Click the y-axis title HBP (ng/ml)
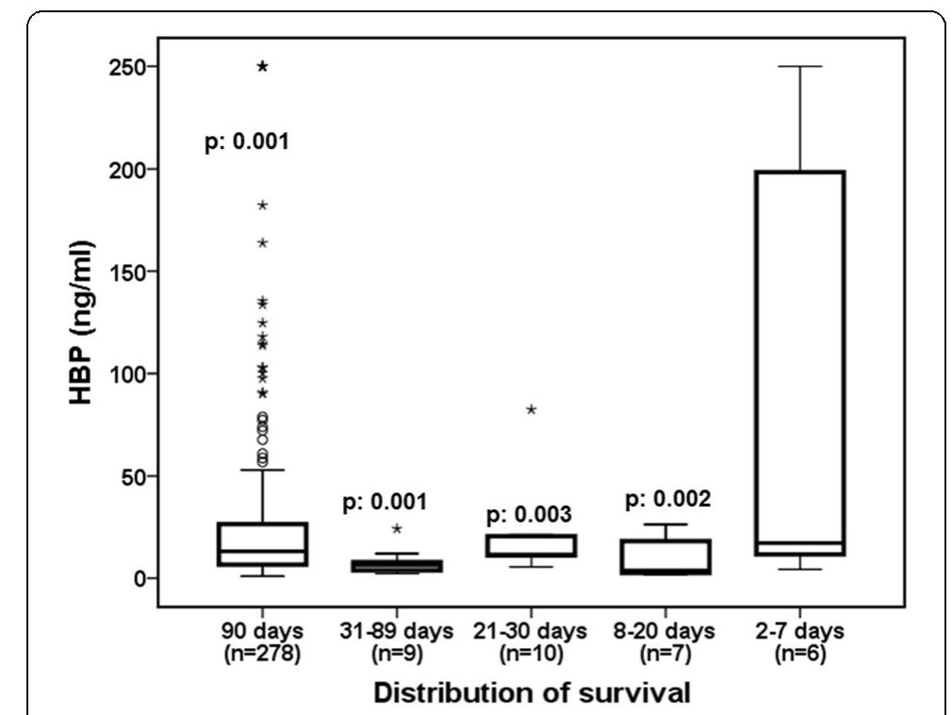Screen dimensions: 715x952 (x=82, y=323)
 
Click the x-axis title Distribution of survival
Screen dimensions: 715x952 (x=532, y=691)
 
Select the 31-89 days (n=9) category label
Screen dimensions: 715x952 (x=397, y=640)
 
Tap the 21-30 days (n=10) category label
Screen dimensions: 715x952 (x=531, y=640)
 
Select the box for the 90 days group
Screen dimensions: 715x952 (x=262, y=544)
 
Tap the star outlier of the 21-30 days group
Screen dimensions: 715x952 (x=532, y=409)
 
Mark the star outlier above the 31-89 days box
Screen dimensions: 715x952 (x=397, y=529)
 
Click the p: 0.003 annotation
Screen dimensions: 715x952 (x=531, y=515)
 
